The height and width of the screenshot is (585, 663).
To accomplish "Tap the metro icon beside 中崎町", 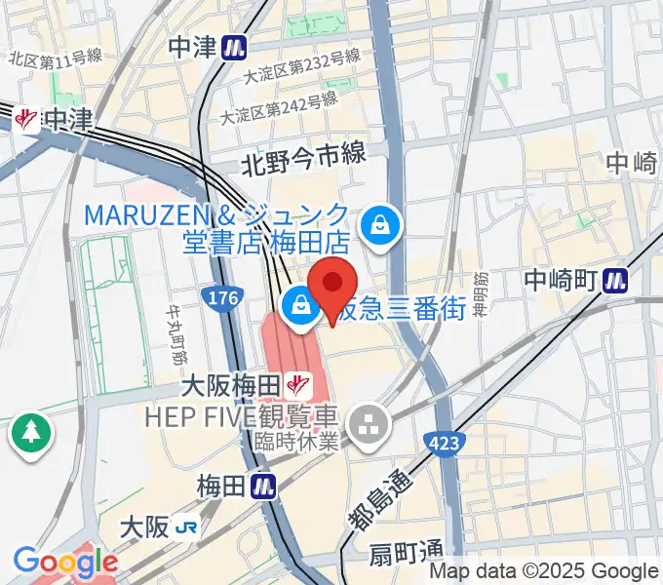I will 614,280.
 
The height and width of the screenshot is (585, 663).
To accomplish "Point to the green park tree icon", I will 31,433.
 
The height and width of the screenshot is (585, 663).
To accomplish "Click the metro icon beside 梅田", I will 260,484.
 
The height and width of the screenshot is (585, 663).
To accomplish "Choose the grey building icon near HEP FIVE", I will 370,422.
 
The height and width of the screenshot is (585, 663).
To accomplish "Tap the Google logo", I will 65,562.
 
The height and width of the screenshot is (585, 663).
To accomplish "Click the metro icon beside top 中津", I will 233,46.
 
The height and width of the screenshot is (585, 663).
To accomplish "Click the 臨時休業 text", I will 295,442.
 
